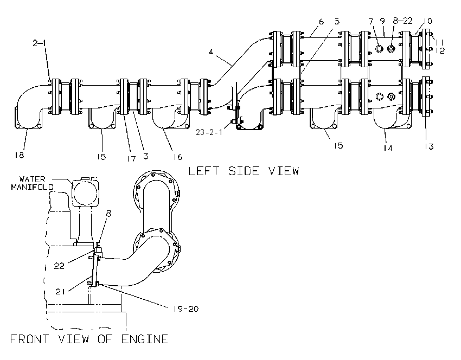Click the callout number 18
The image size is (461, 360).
pos(19,155)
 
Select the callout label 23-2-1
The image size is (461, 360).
pos(209,132)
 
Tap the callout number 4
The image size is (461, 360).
pos(211,52)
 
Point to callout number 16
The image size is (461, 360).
pos(177,157)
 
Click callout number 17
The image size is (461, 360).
pos(131,158)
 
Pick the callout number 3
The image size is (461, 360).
pos(146,156)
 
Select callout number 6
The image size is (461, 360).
pos(321,22)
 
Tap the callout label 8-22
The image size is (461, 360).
pos(402,21)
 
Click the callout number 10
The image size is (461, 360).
pos(428,21)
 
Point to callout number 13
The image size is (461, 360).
pos(429,146)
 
